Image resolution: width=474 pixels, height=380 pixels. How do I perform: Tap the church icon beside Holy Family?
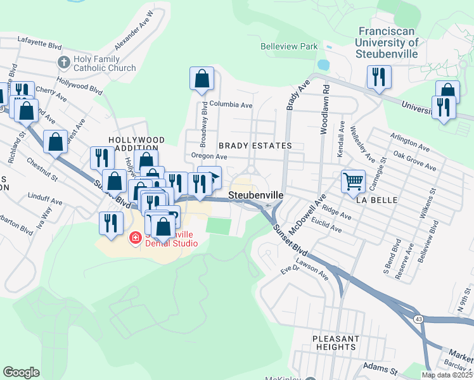pos(63,62)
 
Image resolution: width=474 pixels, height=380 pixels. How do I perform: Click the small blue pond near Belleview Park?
pos(324,65)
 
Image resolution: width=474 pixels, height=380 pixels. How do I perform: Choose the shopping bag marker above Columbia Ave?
pos(202,79)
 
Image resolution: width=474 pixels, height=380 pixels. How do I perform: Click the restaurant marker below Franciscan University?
pos(378,77)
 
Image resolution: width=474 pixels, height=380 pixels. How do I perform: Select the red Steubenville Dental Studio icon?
pos(135,238)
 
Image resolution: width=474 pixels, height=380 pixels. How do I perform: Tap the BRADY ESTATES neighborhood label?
pos(255,146)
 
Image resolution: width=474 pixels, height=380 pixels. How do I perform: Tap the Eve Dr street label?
pos(290,270)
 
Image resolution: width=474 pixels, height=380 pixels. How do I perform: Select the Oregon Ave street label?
pos(208,156)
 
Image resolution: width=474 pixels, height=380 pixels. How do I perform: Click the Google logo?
pos(21,372)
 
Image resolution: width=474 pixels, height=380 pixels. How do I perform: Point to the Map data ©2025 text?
pos(446,375)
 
